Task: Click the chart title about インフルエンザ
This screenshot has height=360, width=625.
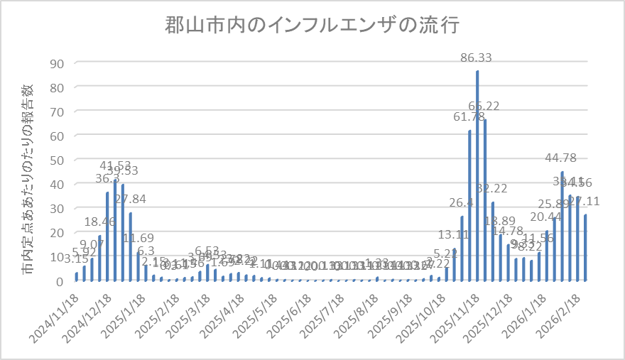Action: pyautogui.click(x=312, y=26)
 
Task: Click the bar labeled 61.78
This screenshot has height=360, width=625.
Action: pyautogui.click(x=469, y=205)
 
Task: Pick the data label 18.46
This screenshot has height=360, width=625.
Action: pyautogui.click(x=100, y=223)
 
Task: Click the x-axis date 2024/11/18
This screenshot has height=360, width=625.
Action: pyautogui.click(x=55, y=312)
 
